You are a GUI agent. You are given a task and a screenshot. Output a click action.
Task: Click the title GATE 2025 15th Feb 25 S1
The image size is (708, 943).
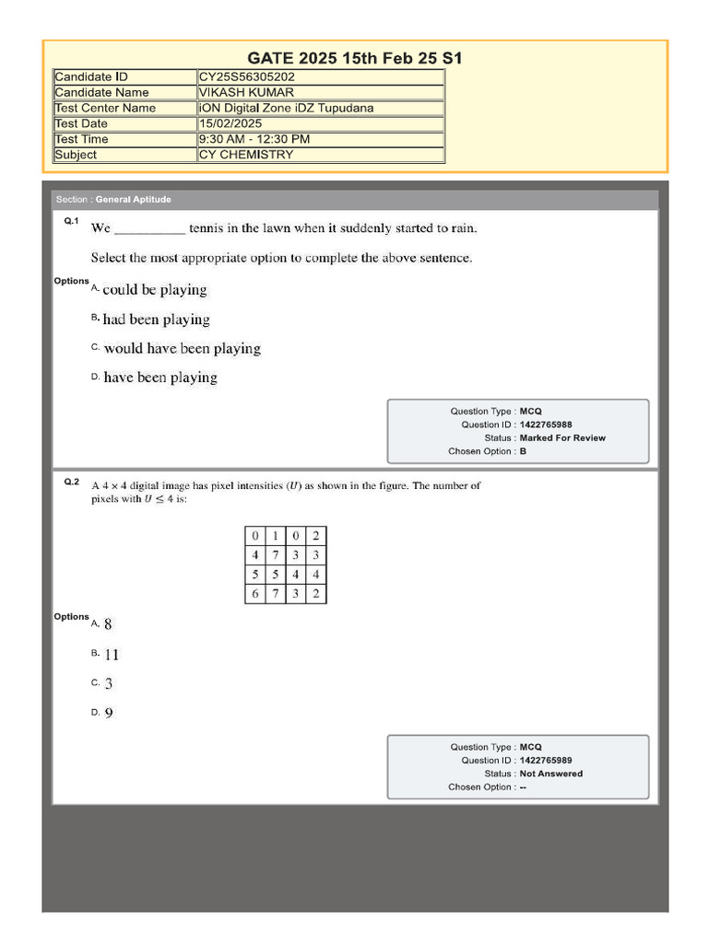pos(355,59)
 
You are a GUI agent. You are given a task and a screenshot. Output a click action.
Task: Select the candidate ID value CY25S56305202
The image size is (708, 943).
pos(246,77)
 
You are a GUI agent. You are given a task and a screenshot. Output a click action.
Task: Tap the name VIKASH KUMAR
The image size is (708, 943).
pos(246,93)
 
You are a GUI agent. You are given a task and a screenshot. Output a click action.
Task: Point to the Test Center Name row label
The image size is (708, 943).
pos(105,109)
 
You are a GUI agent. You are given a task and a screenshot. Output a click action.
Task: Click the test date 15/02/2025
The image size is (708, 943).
pos(230,124)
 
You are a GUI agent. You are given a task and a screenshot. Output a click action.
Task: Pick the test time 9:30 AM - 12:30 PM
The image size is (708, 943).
pos(254,140)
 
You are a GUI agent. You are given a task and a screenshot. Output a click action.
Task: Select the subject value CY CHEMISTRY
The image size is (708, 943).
pos(246,155)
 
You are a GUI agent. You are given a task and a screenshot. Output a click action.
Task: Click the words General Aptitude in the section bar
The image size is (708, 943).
pos(134,200)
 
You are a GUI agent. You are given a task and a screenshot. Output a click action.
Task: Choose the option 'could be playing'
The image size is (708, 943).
pos(155,290)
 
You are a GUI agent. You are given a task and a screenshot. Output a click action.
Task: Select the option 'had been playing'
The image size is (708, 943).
pos(156,320)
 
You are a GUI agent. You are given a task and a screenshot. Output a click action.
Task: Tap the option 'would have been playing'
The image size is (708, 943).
pos(183,349)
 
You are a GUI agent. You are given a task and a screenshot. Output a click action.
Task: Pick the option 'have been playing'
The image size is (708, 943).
pos(160,378)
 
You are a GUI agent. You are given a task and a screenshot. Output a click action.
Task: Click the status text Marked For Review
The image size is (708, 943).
pos(562,438)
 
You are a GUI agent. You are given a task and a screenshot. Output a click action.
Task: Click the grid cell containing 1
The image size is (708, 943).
pos(275,536)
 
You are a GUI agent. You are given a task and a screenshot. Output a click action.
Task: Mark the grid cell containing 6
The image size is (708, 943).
pos(255,594)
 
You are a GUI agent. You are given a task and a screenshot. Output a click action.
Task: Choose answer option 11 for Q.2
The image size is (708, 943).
pos(112,656)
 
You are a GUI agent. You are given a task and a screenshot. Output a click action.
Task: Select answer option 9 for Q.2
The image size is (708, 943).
pos(109,713)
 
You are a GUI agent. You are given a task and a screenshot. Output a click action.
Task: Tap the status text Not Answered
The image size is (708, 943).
pos(551,774)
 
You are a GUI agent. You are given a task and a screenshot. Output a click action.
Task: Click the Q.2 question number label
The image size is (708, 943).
pos(72,482)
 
